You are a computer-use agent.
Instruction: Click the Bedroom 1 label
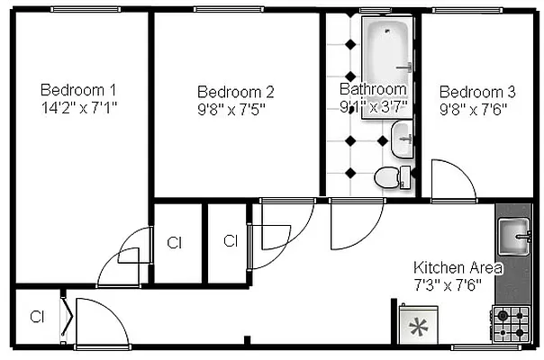79,90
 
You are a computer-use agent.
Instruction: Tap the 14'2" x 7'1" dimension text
79,107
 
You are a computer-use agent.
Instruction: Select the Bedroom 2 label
236,92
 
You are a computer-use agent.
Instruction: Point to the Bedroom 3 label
477,92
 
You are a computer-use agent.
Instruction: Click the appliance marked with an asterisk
417,325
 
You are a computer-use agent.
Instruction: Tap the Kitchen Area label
458,268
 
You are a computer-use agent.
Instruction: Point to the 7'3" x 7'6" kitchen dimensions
448,284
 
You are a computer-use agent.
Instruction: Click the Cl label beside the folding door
38,317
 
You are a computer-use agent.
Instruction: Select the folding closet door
66,315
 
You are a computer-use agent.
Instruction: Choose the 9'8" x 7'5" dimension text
231,108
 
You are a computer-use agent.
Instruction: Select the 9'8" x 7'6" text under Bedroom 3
474,108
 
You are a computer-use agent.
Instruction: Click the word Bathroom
373,89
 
